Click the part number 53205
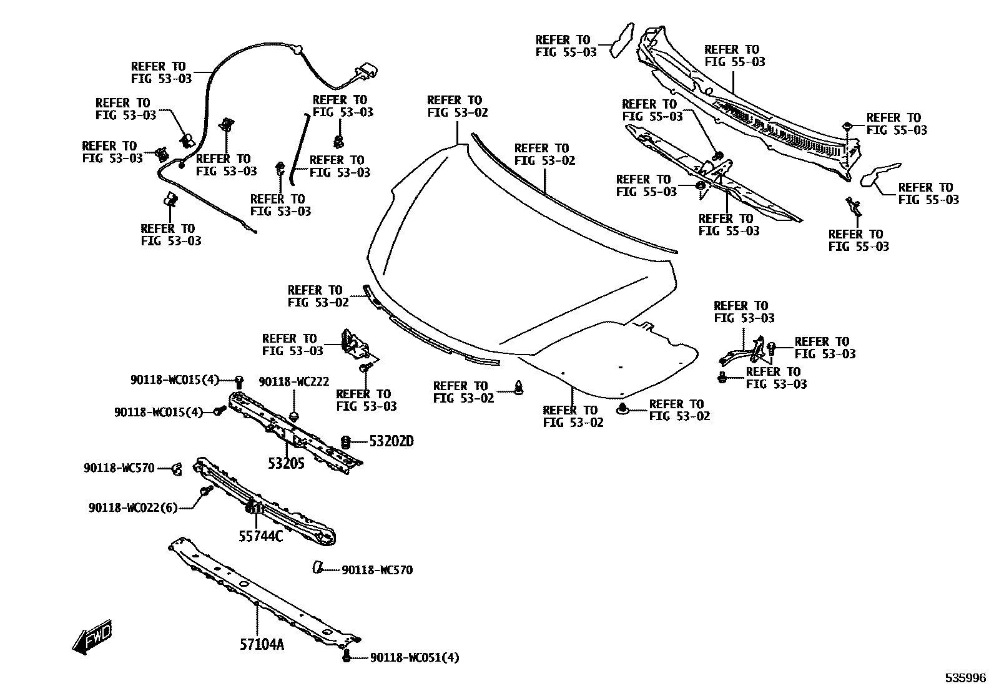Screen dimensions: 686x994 pyautogui.click(x=286, y=464)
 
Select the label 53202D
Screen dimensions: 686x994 pyautogui.click(x=391, y=441)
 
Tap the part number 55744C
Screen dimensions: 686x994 pyautogui.click(x=261, y=536)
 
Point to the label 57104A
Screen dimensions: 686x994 pyautogui.click(x=262, y=644)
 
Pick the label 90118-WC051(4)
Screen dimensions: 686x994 pyautogui.click(x=415, y=657)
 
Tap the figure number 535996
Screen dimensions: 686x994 pyautogui.click(x=965, y=678)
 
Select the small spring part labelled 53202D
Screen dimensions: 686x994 pyautogui.click(x=345, y=441)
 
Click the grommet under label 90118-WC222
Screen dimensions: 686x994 pyautogui.click(x=295, y=414)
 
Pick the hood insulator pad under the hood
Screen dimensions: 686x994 pyautogui.click(x=612, y=359)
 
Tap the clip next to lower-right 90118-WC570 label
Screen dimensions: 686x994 pyautogui.click(x=318, y=567)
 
